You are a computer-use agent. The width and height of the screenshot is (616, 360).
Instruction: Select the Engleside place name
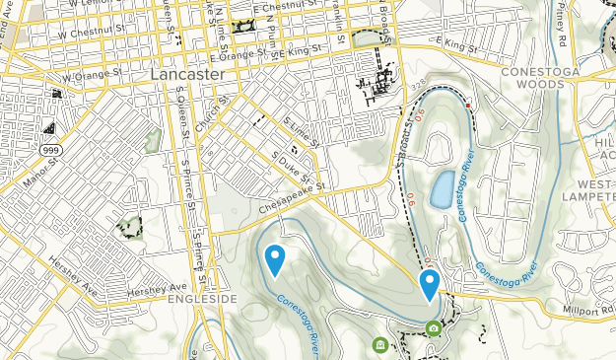[202, 298]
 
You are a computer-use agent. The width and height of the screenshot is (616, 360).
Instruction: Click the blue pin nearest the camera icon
[430, 284]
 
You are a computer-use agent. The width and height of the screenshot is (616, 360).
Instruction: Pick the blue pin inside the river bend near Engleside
[275, 258]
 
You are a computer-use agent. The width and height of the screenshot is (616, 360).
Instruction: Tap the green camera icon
[434, 328]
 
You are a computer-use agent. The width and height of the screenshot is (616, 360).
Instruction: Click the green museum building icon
[380, 344]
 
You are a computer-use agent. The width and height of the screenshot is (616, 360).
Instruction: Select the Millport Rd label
[586, 310]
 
